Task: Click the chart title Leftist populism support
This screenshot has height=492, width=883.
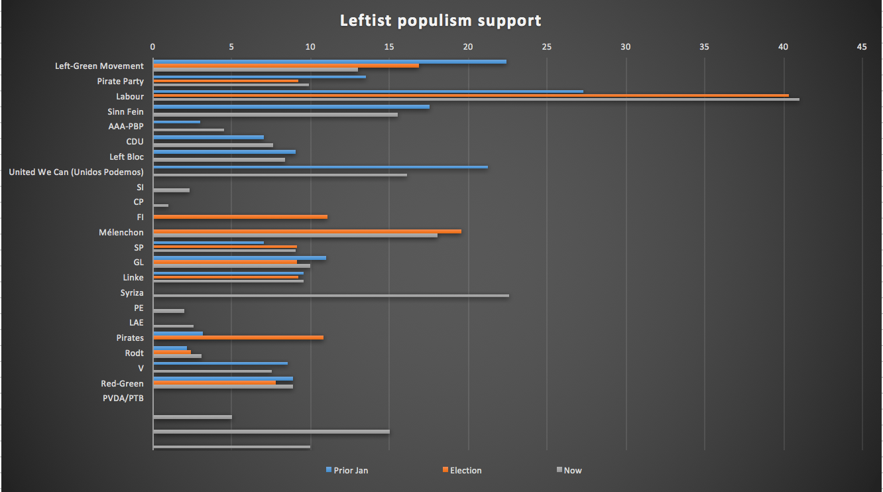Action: (x=440, y=21)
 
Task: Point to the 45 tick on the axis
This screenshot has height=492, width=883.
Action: (x=861, y=47)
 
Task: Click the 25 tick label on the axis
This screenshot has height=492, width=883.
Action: (x=546, y=47)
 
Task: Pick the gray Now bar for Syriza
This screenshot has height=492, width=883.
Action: (x=331, y=296)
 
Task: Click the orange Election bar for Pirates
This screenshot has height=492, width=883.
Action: (x=238, y=338)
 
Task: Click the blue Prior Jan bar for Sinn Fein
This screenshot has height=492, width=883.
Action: (x=291, y=107)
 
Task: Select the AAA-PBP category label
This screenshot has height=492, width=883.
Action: (x=126, y=126)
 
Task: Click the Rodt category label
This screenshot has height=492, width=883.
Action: (x=134, y=353)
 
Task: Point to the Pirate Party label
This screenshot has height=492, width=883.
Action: (x=120, y=81)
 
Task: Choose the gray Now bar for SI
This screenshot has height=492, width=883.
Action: (x=171, y=190)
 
